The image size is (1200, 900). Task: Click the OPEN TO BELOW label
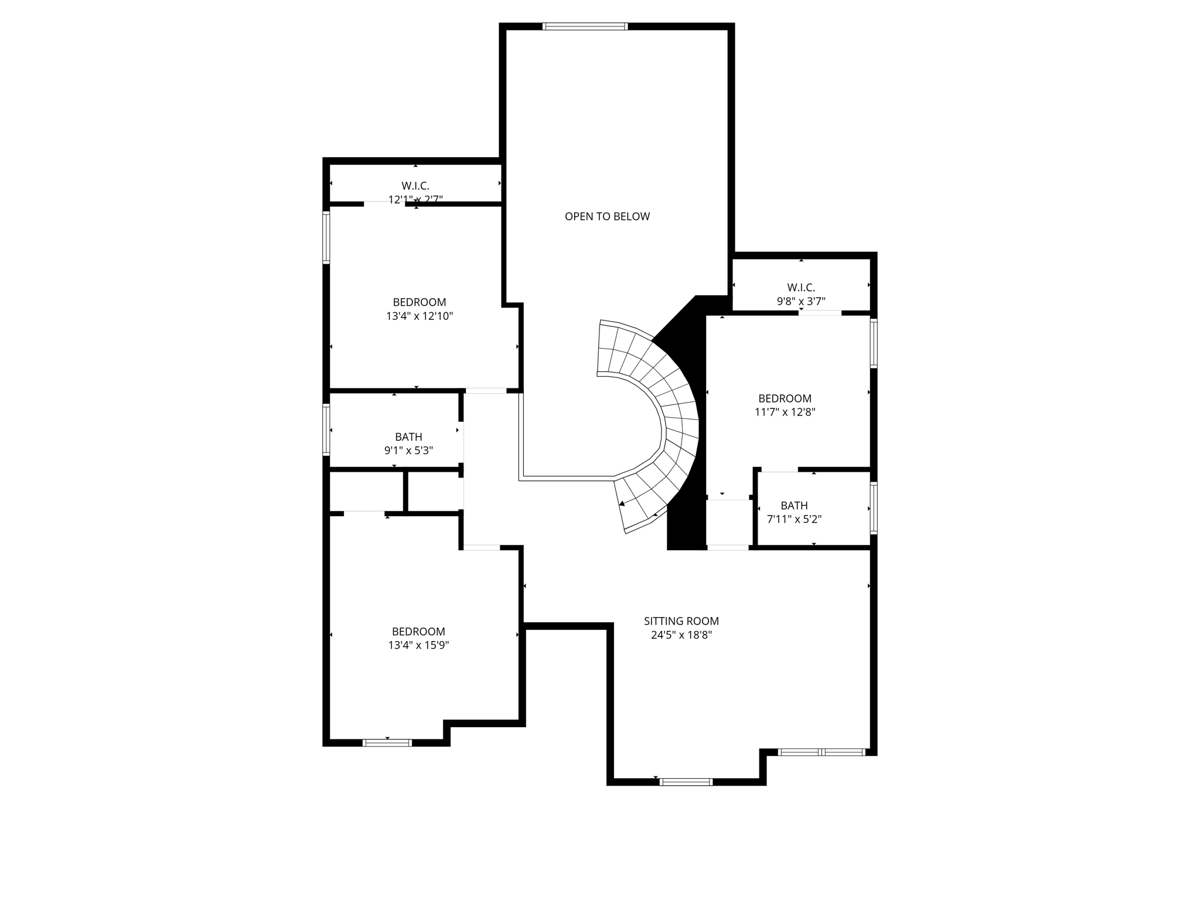(x=607, y=216)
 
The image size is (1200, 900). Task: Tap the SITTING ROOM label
(x=681, y=621)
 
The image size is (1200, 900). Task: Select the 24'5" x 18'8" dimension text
(x=681, y=635)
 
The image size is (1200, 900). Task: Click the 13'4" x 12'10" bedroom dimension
(x=419, y=316)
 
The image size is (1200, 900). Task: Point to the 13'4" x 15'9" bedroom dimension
(x=418, y=646)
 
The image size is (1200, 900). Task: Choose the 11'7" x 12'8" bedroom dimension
(x=785, y=412)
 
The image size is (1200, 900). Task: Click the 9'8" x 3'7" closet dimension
(x=800, y=302)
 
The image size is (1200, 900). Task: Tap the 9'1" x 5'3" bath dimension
(x=408, y=451)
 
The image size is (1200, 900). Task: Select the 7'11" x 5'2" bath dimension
(x=794, y=519)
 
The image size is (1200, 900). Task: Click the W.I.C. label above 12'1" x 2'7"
(x=415, y=186)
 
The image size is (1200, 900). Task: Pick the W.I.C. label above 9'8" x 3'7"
(x=800, y=287)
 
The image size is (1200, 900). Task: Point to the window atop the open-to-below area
(x=585, y=26)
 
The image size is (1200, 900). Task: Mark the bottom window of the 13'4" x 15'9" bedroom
(x=387, y=742)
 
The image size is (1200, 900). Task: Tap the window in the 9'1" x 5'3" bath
(x=326, y=429)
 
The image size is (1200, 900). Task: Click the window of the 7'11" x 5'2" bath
(x=873, y=508)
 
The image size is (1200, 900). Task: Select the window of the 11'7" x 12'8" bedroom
(x=873, y=343)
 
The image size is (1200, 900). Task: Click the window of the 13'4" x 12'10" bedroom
(x=326, y=237)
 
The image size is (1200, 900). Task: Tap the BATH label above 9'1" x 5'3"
(x=408, y=437)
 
